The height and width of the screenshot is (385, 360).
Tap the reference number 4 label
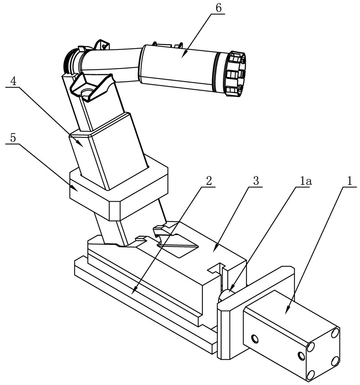13,81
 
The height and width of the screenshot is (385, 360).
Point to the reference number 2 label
209,180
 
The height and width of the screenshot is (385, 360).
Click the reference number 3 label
256,180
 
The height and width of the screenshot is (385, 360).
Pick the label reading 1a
304,180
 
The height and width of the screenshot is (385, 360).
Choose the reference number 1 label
350,180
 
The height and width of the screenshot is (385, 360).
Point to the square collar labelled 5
118,191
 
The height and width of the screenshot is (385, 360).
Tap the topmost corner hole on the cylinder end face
335,333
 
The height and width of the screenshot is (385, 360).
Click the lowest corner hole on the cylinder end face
310,374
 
